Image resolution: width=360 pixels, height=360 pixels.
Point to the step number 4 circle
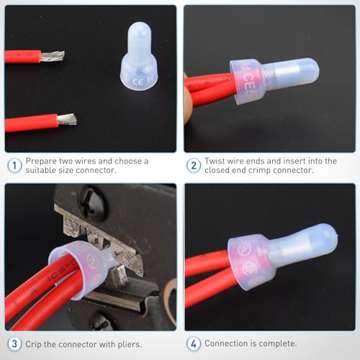point(194,344)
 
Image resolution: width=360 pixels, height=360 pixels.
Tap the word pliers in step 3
point(129,344)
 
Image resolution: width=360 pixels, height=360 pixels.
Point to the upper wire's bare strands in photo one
point(53,55)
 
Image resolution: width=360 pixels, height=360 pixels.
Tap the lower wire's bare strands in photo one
point(67,119)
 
